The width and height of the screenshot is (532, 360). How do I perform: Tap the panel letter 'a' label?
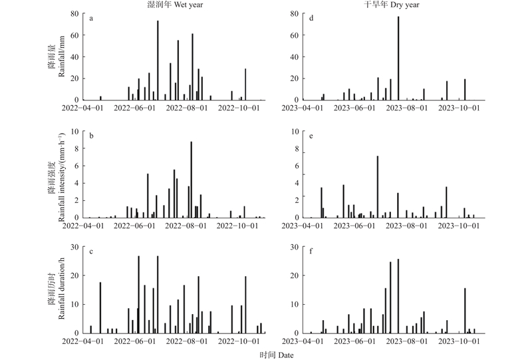91,18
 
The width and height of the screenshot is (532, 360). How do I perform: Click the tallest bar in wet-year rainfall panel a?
158,60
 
